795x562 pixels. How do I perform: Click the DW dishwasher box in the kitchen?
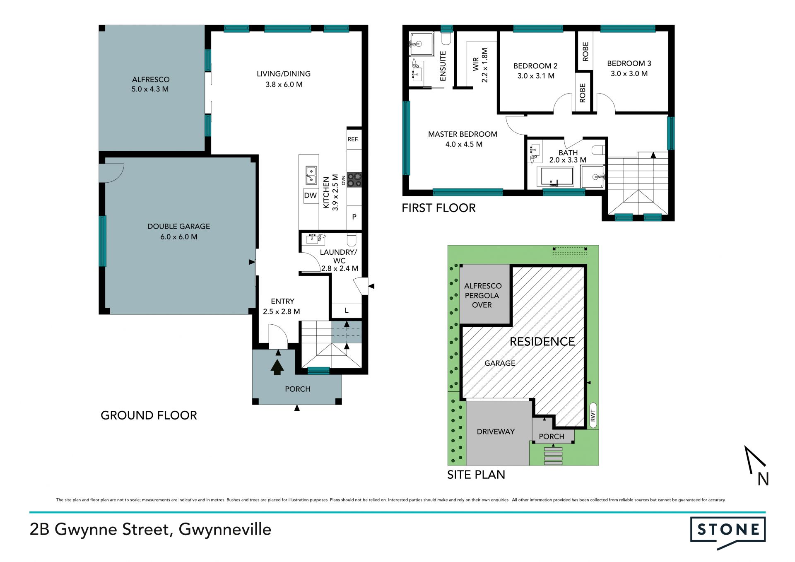pos(310,195)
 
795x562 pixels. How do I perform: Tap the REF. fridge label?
pos(353,140)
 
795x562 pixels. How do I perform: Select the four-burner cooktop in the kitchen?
pos(354,180)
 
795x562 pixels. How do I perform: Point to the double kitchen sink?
pos(311,175)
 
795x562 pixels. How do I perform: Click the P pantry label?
pos(354,217)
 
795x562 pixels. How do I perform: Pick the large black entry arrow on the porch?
pos(277,367)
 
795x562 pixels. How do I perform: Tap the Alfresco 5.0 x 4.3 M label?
pos(150,84)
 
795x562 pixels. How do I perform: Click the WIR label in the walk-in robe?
pos(476,65)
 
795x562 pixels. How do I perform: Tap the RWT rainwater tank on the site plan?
pos(593,415)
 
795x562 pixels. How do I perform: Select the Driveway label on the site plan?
pos(496,432)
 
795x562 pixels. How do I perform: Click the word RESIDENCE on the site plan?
pos(542,342)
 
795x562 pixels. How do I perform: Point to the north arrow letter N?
pos(763,479)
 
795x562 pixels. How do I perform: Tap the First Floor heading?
pos(438,208)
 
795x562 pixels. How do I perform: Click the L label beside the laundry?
pos(347,310)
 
